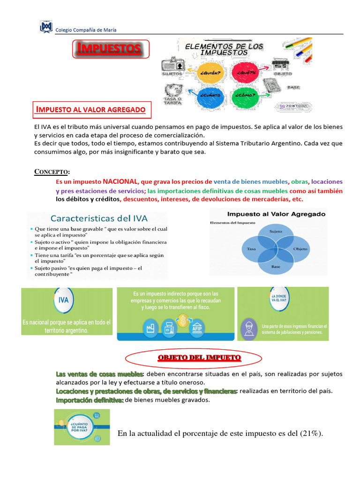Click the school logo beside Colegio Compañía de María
pos(46,28)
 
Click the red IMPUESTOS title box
pos(111,49)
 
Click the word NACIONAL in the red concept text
pos(120,181)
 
